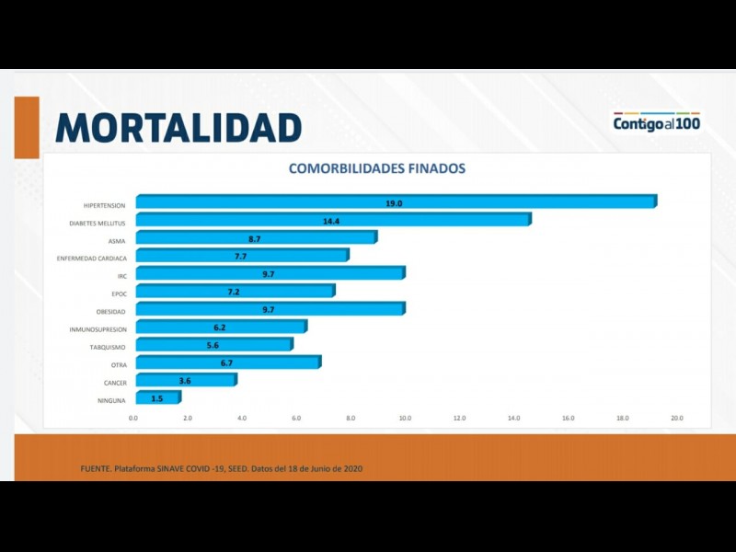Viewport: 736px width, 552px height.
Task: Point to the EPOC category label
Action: [118, 293]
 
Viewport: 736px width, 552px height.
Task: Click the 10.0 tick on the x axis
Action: [405, 419]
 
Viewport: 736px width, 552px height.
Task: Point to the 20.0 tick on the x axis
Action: [676, 419]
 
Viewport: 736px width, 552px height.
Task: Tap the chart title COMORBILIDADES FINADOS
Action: [377, 168]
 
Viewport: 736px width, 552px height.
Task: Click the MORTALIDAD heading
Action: [178, 128]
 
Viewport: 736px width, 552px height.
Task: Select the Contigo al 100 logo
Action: [657, 122]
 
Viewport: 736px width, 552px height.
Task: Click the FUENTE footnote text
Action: [222, 469]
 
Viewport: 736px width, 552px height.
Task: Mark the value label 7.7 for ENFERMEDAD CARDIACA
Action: [240, 257]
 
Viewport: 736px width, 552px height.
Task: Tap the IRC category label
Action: [121, 275]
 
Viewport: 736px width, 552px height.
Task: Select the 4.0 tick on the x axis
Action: [242, 419]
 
